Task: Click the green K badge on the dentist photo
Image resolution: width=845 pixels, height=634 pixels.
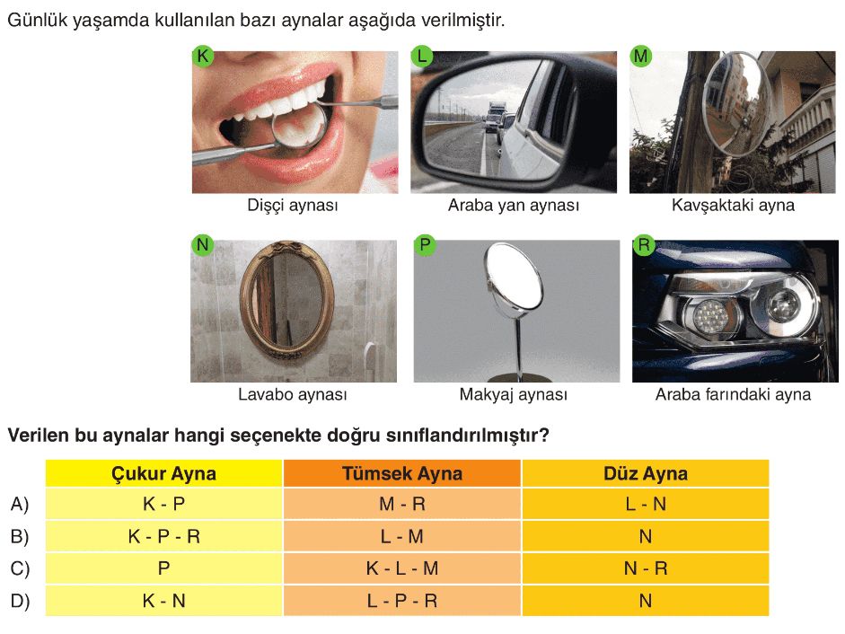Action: click(x=203, y=56)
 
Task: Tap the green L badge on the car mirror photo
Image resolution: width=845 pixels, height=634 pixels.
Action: click(x=421, y=56)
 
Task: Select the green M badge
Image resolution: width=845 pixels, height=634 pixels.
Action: click(x=640, y=56)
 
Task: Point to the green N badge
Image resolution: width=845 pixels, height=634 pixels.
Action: click(x=202, y=245)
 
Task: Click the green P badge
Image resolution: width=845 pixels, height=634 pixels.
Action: click(x=425, y=245)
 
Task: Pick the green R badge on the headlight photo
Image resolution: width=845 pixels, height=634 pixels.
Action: click(x=644, y=245)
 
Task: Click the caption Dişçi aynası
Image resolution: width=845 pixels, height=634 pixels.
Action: click(x=293, y=206)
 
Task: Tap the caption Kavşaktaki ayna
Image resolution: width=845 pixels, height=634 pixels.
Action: click(x=733, y=206)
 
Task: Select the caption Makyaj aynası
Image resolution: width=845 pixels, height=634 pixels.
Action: click(x=513, y=394)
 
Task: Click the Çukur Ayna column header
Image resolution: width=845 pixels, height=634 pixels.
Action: click(x=163, y=474)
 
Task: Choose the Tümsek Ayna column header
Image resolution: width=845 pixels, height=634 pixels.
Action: click(x=402, y=474)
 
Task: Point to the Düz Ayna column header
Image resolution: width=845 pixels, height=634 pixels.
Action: click(x=646, y=474)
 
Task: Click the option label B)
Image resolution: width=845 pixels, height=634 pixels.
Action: click(x=20, y=537)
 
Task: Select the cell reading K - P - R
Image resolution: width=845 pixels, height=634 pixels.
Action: click(x=163, y=536)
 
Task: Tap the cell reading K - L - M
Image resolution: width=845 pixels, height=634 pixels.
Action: click(x=402, y=568)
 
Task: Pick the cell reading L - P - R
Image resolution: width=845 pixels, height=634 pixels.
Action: click(x=402, y=601)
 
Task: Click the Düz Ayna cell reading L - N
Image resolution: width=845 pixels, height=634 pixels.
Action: click(x=646, y=504)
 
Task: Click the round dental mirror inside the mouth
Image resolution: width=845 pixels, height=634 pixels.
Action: click(x=299, y=125)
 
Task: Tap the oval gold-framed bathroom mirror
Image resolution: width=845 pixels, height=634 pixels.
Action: click(x=286, y=301)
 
